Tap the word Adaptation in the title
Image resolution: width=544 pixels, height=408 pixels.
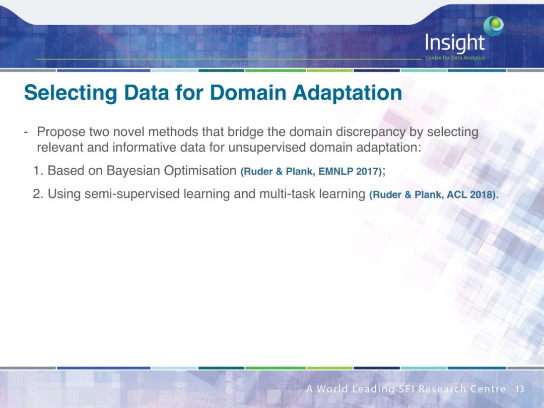347,92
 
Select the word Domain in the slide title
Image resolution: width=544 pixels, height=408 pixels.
248,92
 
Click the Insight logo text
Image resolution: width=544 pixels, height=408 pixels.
455,43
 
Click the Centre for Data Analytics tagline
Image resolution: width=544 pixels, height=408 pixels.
455,57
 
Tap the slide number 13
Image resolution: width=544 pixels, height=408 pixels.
519,389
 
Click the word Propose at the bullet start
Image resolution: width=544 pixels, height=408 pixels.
61,132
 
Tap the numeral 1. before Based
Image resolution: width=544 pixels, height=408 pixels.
38,171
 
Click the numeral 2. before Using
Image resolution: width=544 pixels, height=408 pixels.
38,193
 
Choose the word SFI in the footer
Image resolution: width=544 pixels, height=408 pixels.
407,389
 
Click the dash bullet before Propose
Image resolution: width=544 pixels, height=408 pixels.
26,132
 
